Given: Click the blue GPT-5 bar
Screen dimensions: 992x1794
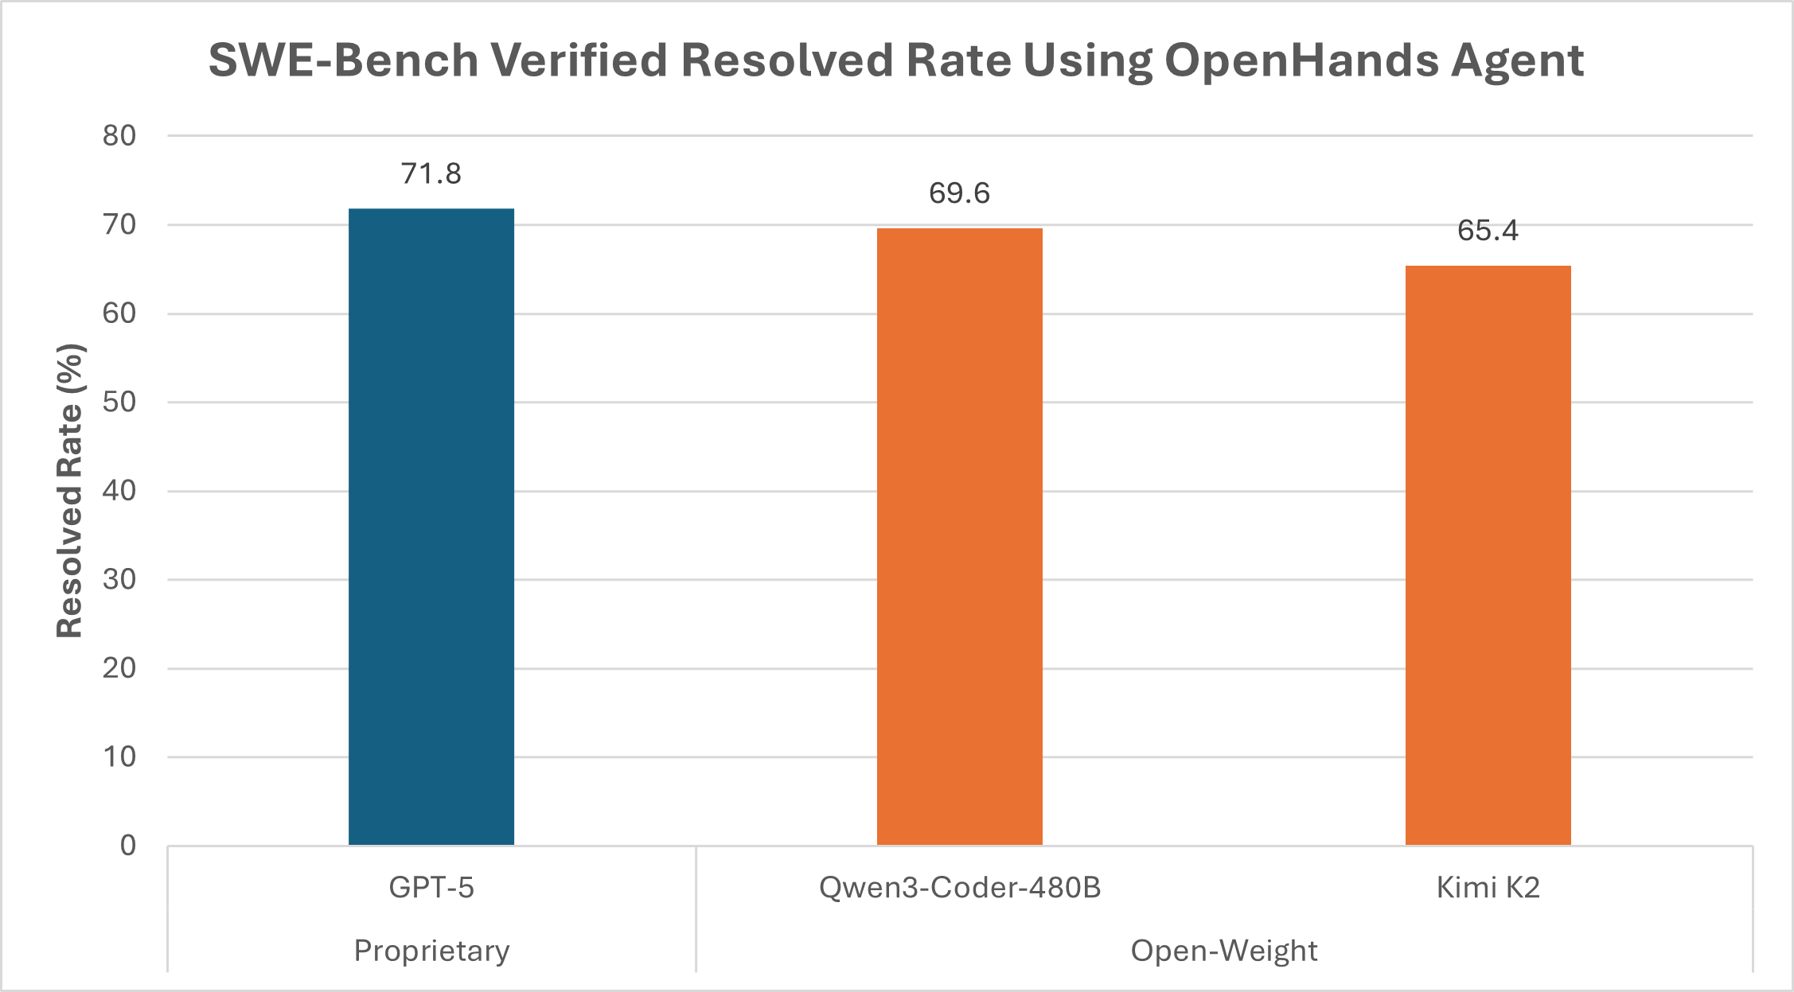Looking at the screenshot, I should point(431,525).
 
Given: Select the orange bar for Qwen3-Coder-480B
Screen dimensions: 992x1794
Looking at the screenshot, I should point(959,537).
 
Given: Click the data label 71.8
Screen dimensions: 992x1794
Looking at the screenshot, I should point(431,173).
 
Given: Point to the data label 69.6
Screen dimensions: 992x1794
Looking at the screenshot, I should point(959,193).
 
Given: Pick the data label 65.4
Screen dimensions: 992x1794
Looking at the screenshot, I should point(1488,231).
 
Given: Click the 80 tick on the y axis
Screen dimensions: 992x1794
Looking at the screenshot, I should point(119,136).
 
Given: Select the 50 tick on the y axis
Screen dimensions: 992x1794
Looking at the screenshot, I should point(119,403).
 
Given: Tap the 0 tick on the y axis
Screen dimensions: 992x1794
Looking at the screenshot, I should point(128,846).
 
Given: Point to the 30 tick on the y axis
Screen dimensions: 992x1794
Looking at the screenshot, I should point(119,580).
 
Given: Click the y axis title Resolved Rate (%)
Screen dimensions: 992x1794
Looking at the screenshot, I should point(71,490).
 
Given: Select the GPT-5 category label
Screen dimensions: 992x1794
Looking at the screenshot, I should point(431,887).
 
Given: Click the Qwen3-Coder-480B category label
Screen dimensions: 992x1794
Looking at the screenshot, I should point(959,887).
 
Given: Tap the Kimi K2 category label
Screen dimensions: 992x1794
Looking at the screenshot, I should point(1488,887).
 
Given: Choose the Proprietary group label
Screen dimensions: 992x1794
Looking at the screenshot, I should point(431,951).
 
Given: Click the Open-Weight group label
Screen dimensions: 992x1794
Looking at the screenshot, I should point(1223,951).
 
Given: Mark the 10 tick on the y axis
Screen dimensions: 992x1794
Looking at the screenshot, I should point(119,757).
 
